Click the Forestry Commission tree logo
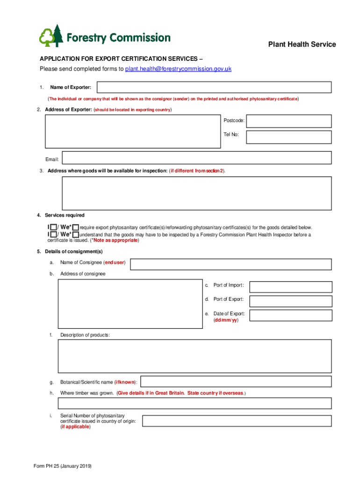51,36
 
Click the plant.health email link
178,69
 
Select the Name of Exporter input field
214,87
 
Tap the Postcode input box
288,121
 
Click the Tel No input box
288,137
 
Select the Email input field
197,158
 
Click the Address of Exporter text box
133,131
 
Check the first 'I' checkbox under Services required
54,227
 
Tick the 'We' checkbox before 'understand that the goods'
76,234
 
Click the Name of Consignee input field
232,264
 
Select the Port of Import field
291,287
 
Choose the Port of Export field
291,301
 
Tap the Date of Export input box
291,316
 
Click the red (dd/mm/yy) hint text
226,320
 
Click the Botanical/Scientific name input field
236,382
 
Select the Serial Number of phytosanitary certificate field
237,421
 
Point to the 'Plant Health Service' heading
302,44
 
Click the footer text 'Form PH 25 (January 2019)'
63,467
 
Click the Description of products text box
194,356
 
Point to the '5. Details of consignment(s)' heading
70,252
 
